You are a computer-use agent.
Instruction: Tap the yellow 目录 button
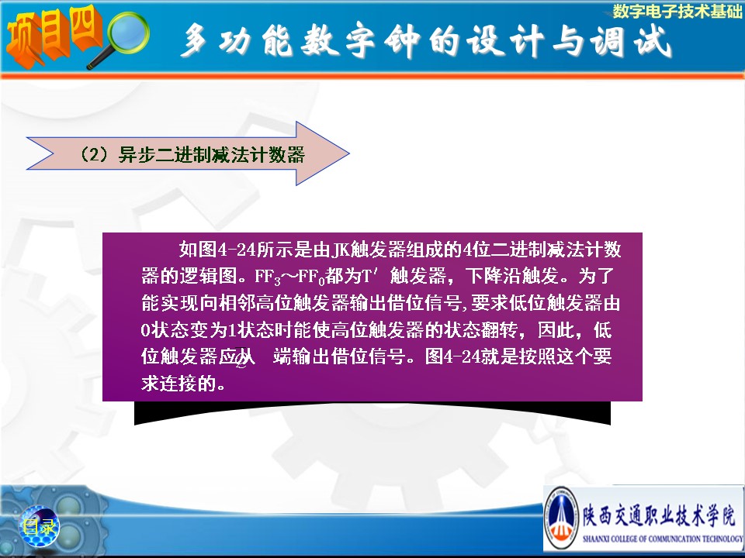coord(39,526)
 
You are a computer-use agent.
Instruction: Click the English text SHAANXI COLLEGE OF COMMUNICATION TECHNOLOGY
coord(663,539)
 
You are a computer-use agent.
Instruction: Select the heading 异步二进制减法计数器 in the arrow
coord(211,155)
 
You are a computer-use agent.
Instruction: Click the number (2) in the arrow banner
coord(93,155)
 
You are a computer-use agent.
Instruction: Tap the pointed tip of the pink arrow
coord(349,153)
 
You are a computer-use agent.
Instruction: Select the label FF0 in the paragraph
coord(311,277)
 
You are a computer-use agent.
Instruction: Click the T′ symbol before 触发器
coord(369,275)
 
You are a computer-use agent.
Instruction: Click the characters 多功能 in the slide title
coord(237,40)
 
